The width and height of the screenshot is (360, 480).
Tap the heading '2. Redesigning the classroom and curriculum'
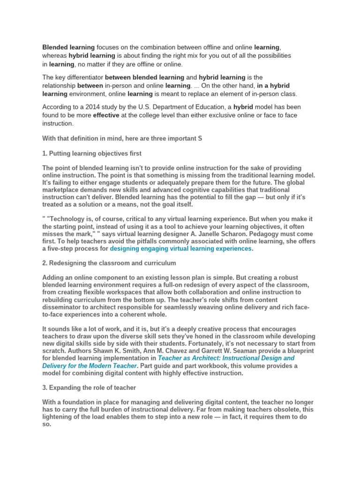pyautogui.click(x=109, y=263)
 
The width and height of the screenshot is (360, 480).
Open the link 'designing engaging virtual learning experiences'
pyautogui.click(x=180, y=248)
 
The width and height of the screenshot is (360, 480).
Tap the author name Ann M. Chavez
pyautogui.click(x=180, y=351)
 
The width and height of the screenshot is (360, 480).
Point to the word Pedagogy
pyautogui.click(x=273, y=233)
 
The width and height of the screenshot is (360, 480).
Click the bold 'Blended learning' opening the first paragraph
pyautogui.click(x=68, y=47)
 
